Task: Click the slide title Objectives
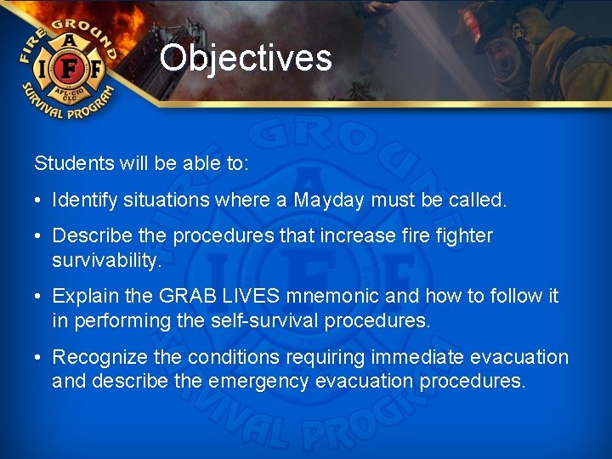246,59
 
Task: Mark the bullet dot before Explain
39,297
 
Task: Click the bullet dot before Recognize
39,358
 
